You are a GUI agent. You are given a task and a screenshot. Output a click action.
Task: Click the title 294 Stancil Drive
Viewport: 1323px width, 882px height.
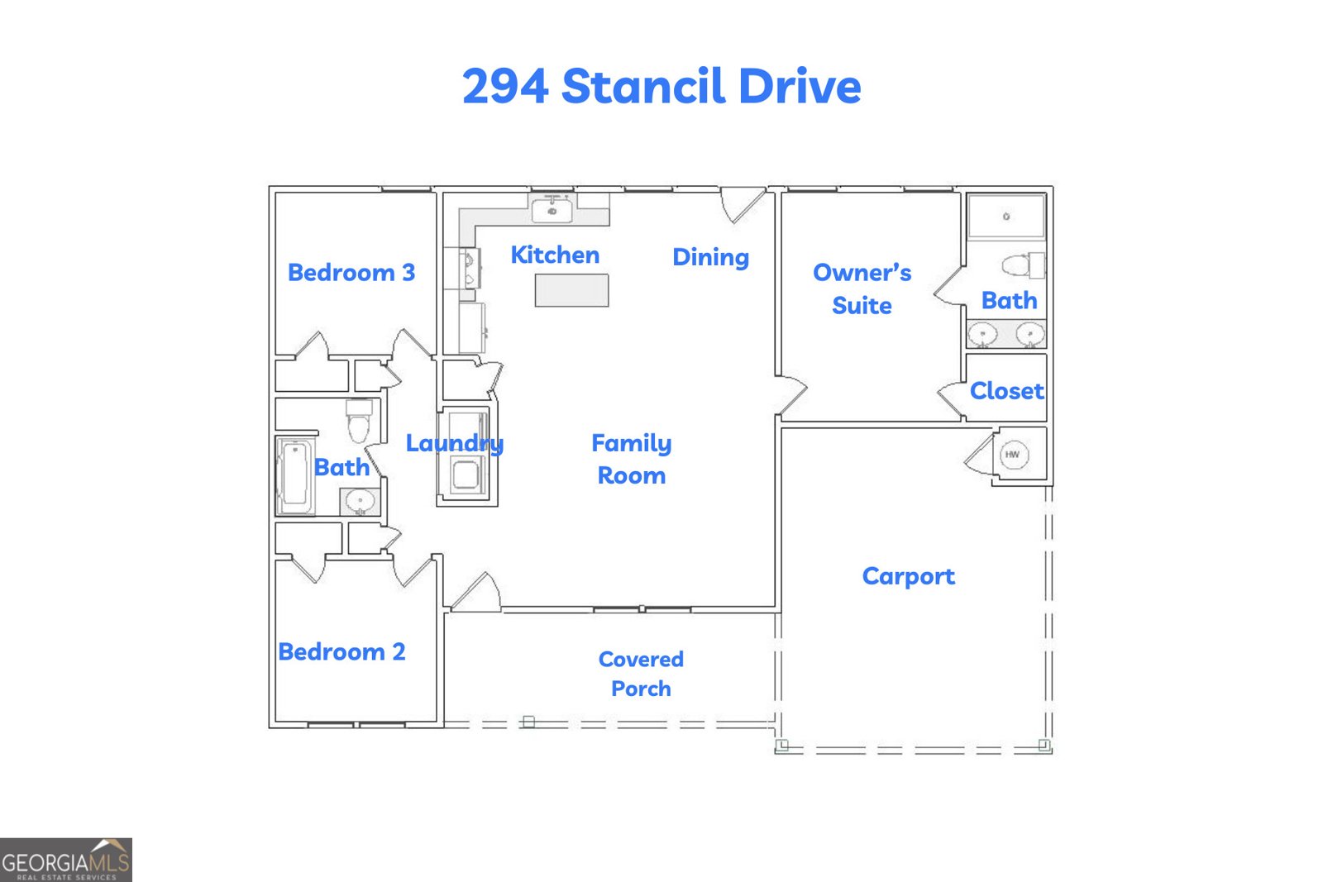click(661, 86)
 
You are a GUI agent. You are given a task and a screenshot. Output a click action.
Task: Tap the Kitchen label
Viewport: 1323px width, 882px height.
click(555, 255)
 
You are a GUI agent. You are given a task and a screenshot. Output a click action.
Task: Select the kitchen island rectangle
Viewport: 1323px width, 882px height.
click(571, 290)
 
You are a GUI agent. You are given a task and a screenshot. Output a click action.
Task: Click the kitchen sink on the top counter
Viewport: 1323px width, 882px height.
click(552, 211)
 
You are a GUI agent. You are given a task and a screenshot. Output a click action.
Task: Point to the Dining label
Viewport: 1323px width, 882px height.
click(710, 257)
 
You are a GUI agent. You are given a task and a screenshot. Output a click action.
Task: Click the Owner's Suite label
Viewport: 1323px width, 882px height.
click(862, 288)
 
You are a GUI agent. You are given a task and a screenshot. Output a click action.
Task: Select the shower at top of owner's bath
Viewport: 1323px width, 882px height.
click(1006, 217)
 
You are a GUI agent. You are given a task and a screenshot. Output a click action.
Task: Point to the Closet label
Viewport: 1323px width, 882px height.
click(1006, 390)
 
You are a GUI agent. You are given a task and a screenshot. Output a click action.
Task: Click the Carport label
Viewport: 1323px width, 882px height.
click(908, 576)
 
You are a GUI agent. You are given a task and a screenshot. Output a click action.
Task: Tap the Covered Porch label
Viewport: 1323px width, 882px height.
click(641, 674)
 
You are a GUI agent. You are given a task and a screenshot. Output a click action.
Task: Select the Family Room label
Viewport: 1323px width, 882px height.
click(631, 459)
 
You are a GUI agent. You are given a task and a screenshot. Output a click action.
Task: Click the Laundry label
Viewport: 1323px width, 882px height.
click(454, 443)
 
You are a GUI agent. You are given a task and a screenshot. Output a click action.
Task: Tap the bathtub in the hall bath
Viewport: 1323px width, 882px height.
click(294, 476)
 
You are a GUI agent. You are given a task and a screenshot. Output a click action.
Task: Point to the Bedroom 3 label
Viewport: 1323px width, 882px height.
click(351, 272)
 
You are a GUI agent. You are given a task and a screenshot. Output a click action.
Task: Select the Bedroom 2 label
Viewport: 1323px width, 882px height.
click(341, 651)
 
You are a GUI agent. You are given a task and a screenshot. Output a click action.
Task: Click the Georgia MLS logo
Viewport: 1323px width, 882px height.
click(65, 860)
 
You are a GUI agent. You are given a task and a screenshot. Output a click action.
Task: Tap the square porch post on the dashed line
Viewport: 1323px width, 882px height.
click(529, 722)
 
